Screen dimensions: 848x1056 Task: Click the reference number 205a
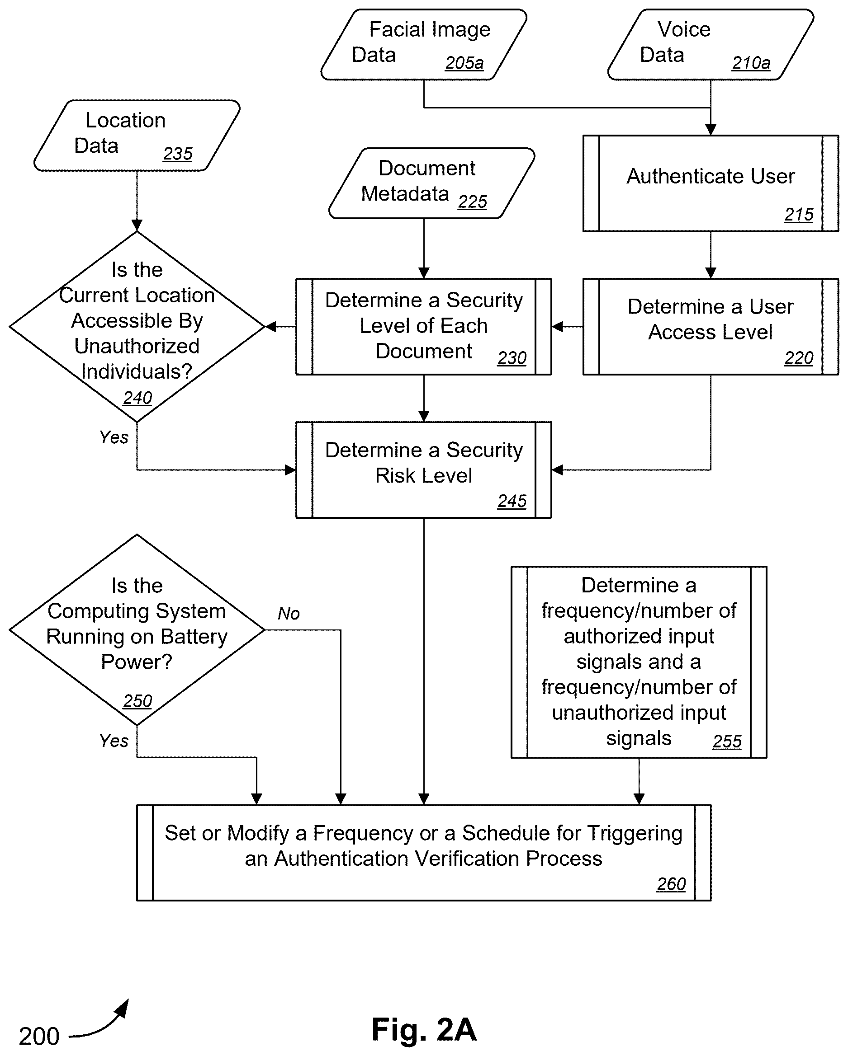(x=464, y=63)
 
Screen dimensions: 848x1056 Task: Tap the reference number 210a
(x=751, y=63)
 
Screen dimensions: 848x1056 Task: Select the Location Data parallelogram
(x=137, y=136)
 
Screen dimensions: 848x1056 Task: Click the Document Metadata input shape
(x=431, y=183)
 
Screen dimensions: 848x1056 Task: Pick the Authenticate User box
(x=711, y=183)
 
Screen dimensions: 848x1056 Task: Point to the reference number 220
(x=799, y=358)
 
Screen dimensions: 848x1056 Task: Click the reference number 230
(x=512, y=358)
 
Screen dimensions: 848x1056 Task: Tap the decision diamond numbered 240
(x=137, y=326)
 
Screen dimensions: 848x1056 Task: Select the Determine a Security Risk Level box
(x=424, y=470)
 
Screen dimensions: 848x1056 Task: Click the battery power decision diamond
(x=137, y=630)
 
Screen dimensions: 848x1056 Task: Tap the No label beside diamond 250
(x=288, y=613)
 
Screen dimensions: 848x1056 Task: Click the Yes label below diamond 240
(x=114, y=437)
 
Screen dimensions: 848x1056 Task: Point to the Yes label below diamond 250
(x=114, y=741)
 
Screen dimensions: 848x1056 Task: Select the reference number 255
(x=727, y=742)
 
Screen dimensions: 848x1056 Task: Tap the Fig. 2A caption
(x=424, y=1029)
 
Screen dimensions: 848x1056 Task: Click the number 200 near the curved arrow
(x=39, y=1036)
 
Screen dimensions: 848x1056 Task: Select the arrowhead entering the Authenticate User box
(x=711, y=129)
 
